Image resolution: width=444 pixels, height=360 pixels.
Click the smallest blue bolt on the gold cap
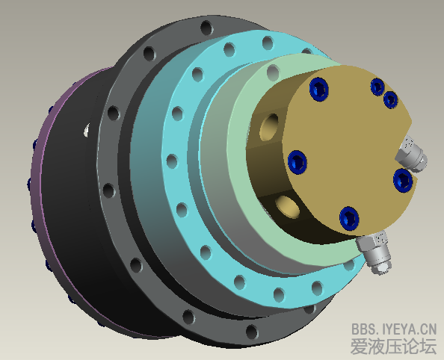390,99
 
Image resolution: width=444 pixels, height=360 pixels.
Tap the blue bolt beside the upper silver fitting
401,179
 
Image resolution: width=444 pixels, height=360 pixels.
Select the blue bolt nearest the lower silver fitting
349,217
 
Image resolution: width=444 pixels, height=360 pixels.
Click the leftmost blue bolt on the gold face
297,160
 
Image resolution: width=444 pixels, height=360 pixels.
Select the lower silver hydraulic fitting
376,251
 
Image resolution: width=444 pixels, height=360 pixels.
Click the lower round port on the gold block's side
288,205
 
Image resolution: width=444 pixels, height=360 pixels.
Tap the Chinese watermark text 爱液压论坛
393,347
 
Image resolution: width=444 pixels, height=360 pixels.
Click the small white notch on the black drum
88,131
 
